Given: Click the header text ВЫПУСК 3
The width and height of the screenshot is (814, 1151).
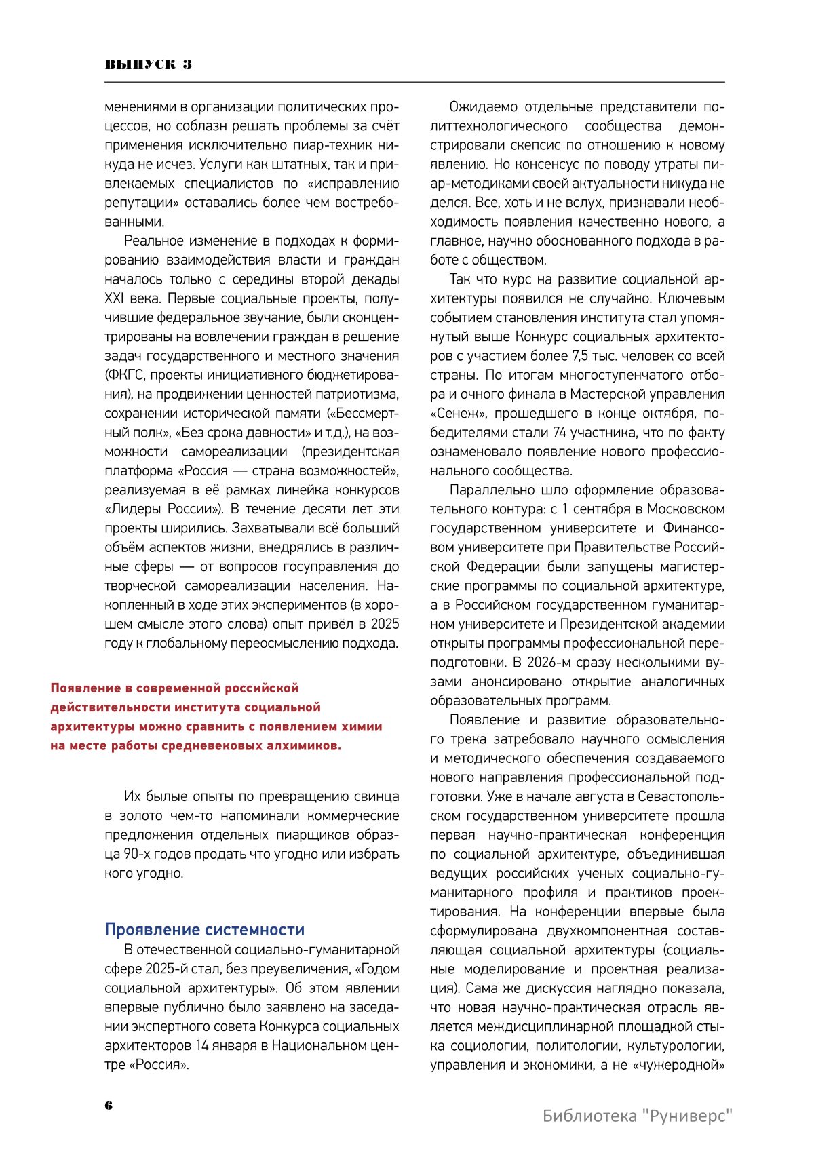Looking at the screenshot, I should pyautogui.click(x=149, y=64).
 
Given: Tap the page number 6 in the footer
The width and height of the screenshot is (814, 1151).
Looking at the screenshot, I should pyautogui.click(x=109, y=1105).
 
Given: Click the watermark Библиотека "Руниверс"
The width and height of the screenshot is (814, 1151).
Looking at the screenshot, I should pyautogui.click(x=638, y=1116).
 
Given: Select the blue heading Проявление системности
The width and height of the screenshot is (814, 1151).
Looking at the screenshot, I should pyautogui.click(x=204, y=930).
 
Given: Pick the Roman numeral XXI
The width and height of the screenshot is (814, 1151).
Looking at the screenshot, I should pyautogui.click(x=114, y=299).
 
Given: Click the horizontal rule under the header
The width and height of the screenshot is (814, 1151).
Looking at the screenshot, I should pyautogui.click(x=414, y=83).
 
